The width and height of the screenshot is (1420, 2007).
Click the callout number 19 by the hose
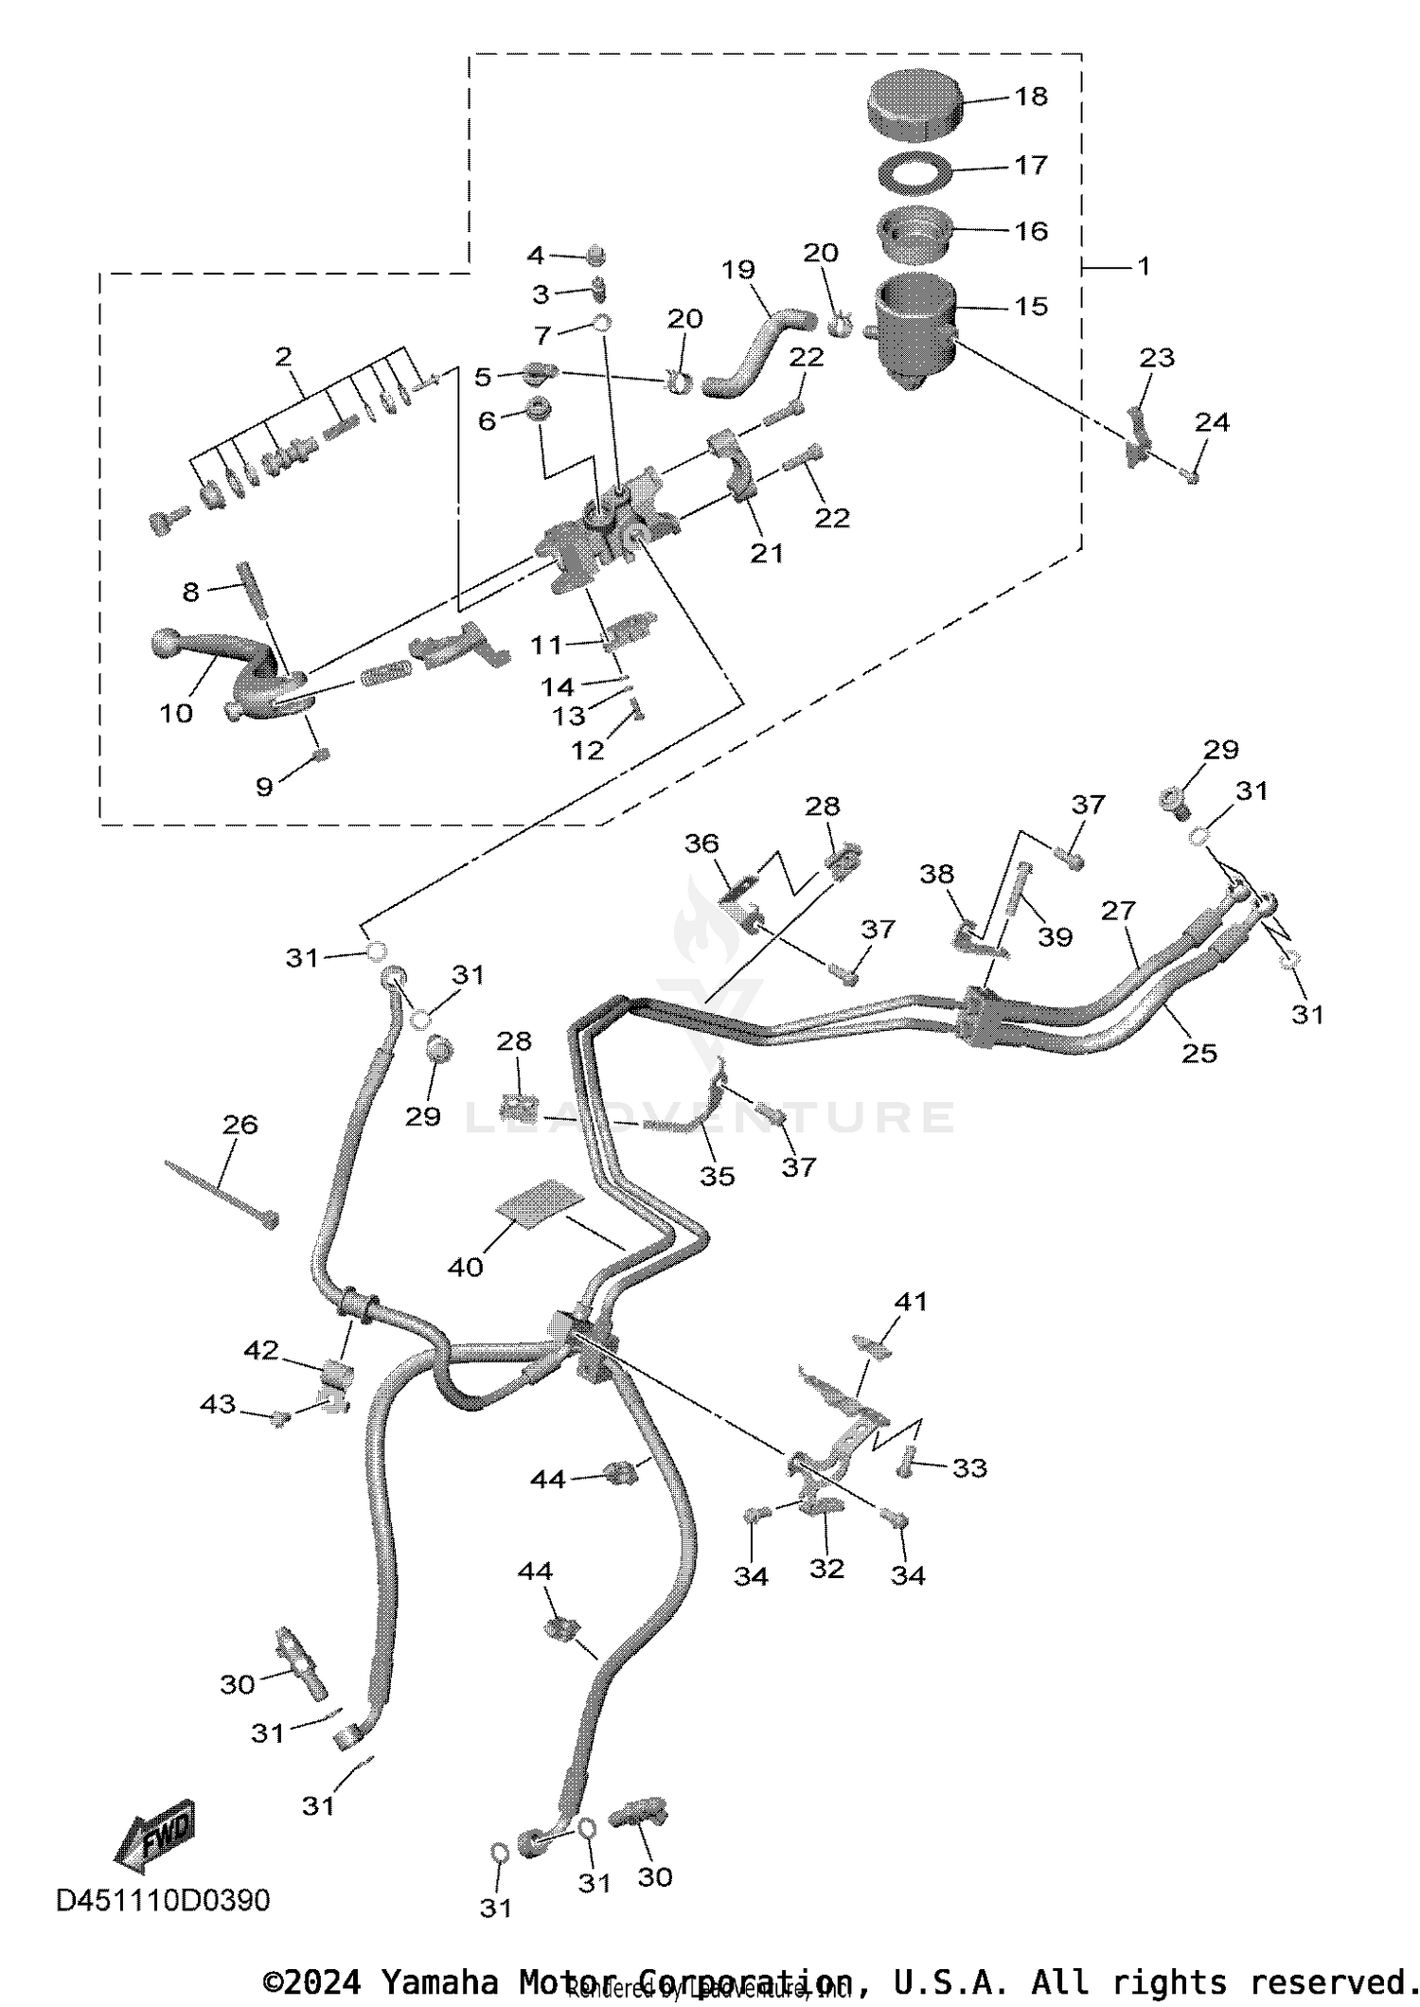pos(737,269)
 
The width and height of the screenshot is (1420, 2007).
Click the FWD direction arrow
pos(156,1837)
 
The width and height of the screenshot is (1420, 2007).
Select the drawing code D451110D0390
pos(163,1899)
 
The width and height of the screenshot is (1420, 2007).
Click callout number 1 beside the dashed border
pos(1144,266)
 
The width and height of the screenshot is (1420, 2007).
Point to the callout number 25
pos(1198,1053)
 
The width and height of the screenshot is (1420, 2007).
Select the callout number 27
pos(1118,910)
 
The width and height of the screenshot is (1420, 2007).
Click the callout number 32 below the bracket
pos(826,1568)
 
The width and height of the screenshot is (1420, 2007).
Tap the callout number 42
pos(261,1350)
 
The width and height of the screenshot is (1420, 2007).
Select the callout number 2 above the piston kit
pos(283,356)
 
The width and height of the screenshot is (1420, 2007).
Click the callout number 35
pos(717,1175)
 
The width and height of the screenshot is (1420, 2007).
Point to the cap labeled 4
pos(596,255)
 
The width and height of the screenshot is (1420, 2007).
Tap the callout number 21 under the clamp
pos(767,552)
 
